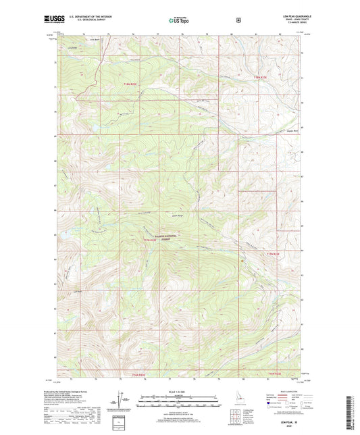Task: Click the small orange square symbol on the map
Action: pyautogui.click(x=241, y=259)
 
